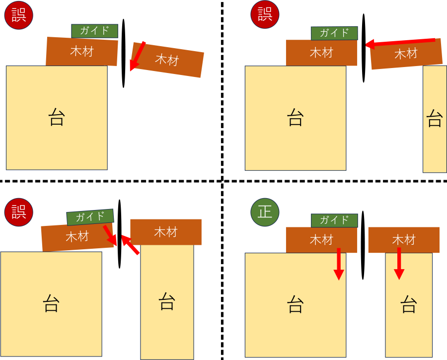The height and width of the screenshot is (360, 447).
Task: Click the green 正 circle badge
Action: point(265,212)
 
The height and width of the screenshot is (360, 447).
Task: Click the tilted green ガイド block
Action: point(90,217)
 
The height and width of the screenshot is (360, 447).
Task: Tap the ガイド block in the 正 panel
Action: point(334,220)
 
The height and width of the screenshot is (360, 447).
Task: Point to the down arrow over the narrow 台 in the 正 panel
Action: point(399,264)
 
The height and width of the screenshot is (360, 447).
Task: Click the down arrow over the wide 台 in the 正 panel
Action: point(338,264)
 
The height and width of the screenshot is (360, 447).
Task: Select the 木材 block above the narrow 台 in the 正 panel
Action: point(403,240)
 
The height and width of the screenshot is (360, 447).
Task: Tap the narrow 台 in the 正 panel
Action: point(408,305)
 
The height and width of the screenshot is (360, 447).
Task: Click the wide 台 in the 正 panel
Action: point(295,305)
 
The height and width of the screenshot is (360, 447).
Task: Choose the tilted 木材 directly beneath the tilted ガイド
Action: point(77,237)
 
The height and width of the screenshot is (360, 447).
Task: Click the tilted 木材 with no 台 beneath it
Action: point(167,60)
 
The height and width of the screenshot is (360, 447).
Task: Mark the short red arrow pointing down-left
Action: point(137,57)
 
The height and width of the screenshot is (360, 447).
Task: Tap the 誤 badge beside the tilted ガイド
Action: point(18,212)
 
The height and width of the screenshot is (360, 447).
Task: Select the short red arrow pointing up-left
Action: point(130,245)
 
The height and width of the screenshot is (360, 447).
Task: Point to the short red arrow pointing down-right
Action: point(110,235)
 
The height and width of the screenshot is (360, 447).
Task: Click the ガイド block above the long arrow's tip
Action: point(334,33)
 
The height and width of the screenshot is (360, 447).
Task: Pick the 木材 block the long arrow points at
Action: point(321,53)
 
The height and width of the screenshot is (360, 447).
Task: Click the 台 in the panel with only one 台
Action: point(57,118)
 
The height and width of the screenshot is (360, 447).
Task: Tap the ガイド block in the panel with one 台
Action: point(94,31)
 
